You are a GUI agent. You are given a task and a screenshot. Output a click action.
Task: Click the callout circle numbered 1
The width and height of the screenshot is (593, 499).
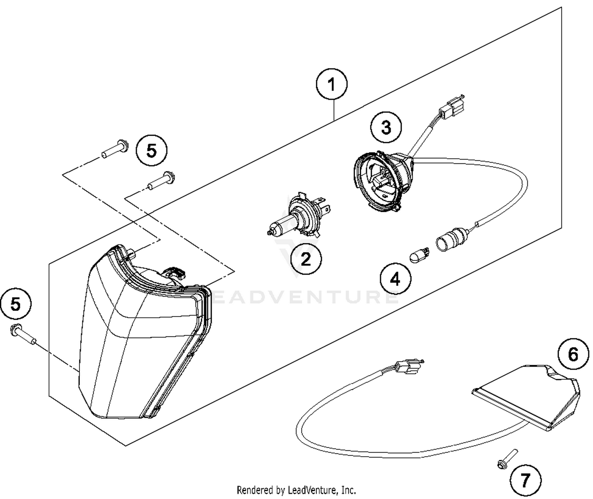332,85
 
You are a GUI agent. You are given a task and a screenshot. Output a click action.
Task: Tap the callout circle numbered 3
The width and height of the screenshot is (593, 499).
386,127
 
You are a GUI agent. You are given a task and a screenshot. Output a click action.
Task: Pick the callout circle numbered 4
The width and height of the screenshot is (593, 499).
395,279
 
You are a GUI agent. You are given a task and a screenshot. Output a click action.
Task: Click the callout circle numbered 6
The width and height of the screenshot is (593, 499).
573,354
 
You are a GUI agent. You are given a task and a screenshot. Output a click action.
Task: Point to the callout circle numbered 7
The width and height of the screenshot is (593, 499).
525,480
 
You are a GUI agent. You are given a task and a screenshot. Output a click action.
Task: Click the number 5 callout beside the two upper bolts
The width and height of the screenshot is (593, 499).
151,150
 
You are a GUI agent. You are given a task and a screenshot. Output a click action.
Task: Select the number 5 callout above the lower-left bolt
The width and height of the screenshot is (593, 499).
15,304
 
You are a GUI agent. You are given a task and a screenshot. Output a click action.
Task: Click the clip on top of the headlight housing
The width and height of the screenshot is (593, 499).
175,273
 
